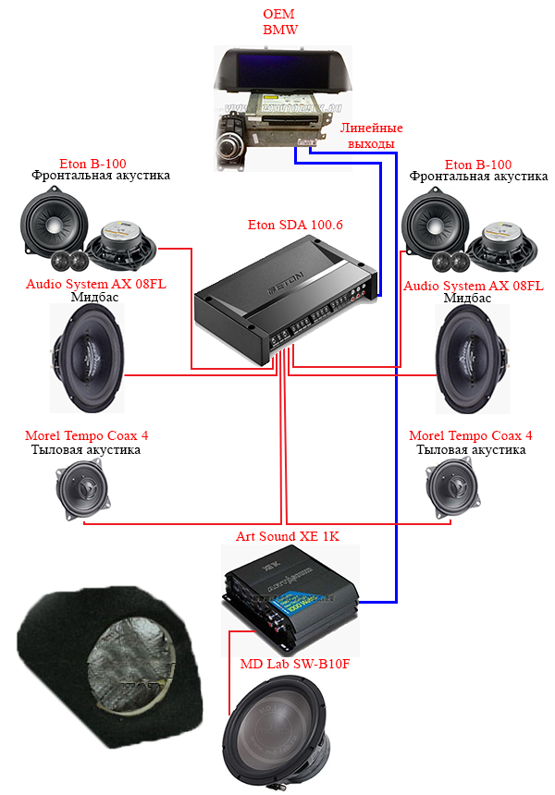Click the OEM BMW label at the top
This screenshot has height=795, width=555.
279,22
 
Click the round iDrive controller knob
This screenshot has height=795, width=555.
228,149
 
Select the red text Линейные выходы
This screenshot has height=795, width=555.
371,135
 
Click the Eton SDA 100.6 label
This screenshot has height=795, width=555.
295,225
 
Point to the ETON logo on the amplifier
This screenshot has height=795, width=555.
285,285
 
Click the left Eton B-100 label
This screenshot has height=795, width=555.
92,164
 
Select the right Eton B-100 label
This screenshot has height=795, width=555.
478,165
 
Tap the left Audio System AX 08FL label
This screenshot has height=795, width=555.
96,284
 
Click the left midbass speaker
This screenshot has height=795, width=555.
87,358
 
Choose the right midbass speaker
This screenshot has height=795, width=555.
473,359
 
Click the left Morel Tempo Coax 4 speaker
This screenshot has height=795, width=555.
82,489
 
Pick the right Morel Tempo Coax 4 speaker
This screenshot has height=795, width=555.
452,489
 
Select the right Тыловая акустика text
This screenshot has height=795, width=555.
471,449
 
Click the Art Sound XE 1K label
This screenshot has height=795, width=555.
288,536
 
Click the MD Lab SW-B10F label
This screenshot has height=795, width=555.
295,664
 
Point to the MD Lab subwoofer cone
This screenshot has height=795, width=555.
275,729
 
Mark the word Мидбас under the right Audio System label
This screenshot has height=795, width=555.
467,298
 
